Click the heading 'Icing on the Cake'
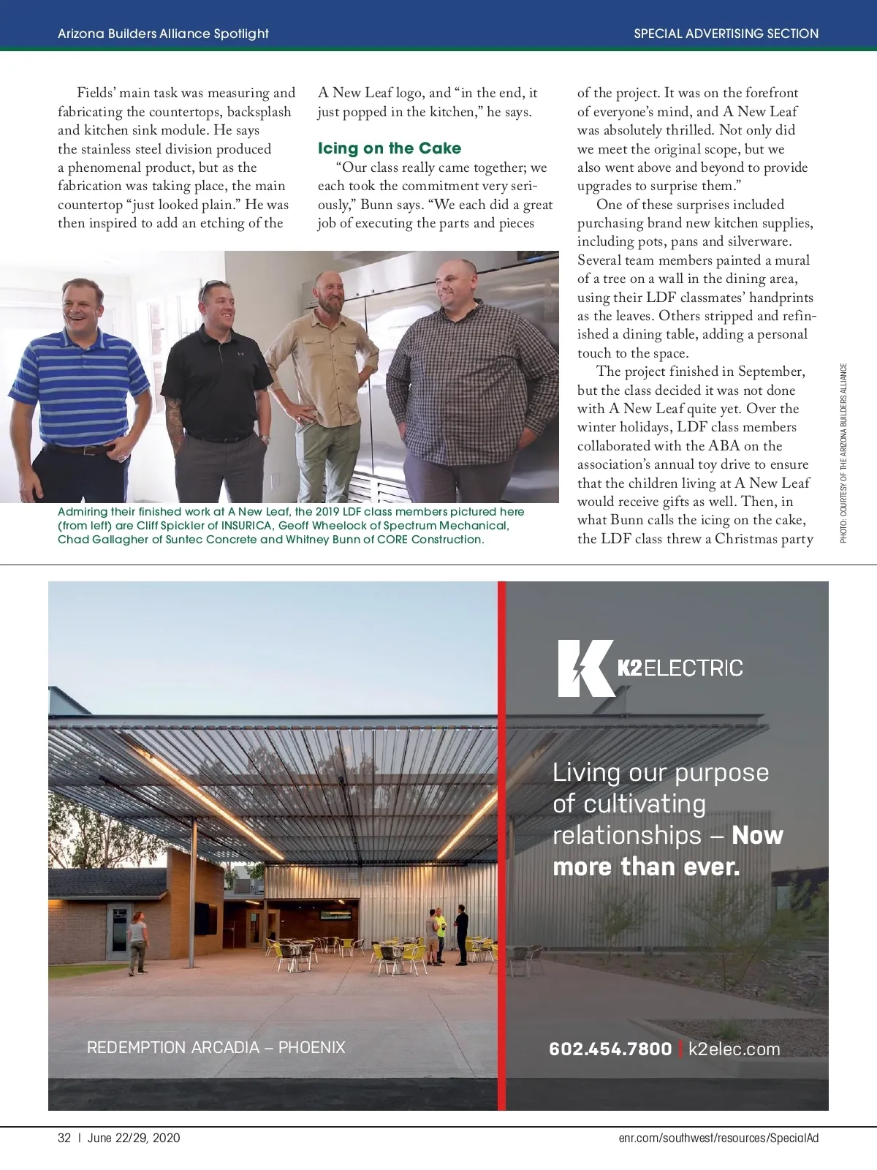[x=389, y=148]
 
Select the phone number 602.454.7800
[x=610, y=1049]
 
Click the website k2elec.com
[x=734, y=1049]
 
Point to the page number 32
[x=64, y=1138]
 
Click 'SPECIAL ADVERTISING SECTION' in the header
[x=726, y=34]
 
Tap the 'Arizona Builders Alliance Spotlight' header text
[x=163, y=34]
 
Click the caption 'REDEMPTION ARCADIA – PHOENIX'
[x=216, y=1047]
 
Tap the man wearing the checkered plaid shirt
[x=457, y=366]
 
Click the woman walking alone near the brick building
[x=137, y=942]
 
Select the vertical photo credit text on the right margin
[x=843, y=453]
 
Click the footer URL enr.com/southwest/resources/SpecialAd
[x=718, y=1138]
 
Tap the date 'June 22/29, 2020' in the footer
[x=134, y=1138]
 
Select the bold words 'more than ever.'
[x=646, y=867]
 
